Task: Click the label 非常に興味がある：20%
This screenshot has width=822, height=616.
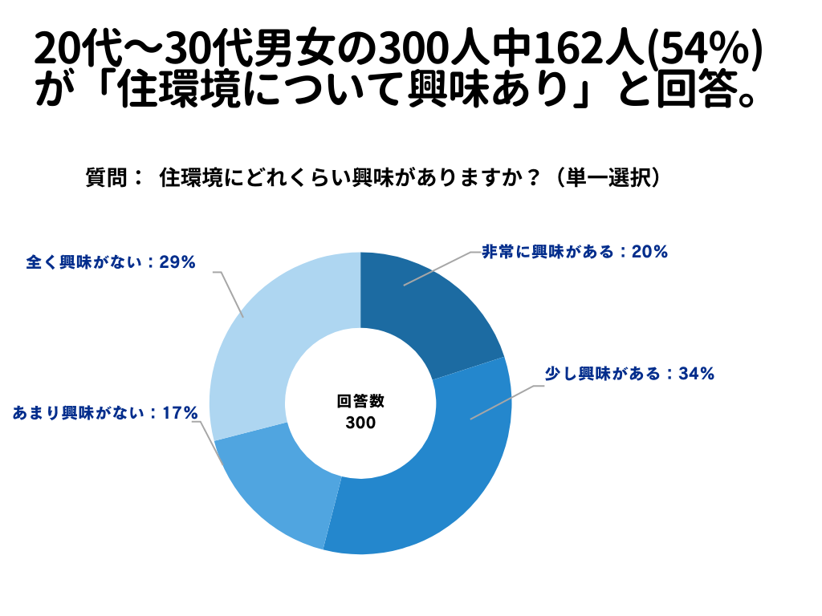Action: (575, 252)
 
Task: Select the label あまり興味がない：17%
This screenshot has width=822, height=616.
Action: (105, 413)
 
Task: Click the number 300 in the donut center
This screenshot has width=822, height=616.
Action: (360, 423)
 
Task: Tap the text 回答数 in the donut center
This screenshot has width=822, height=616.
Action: (360, 401)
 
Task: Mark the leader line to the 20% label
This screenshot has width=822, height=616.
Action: (437, 268)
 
